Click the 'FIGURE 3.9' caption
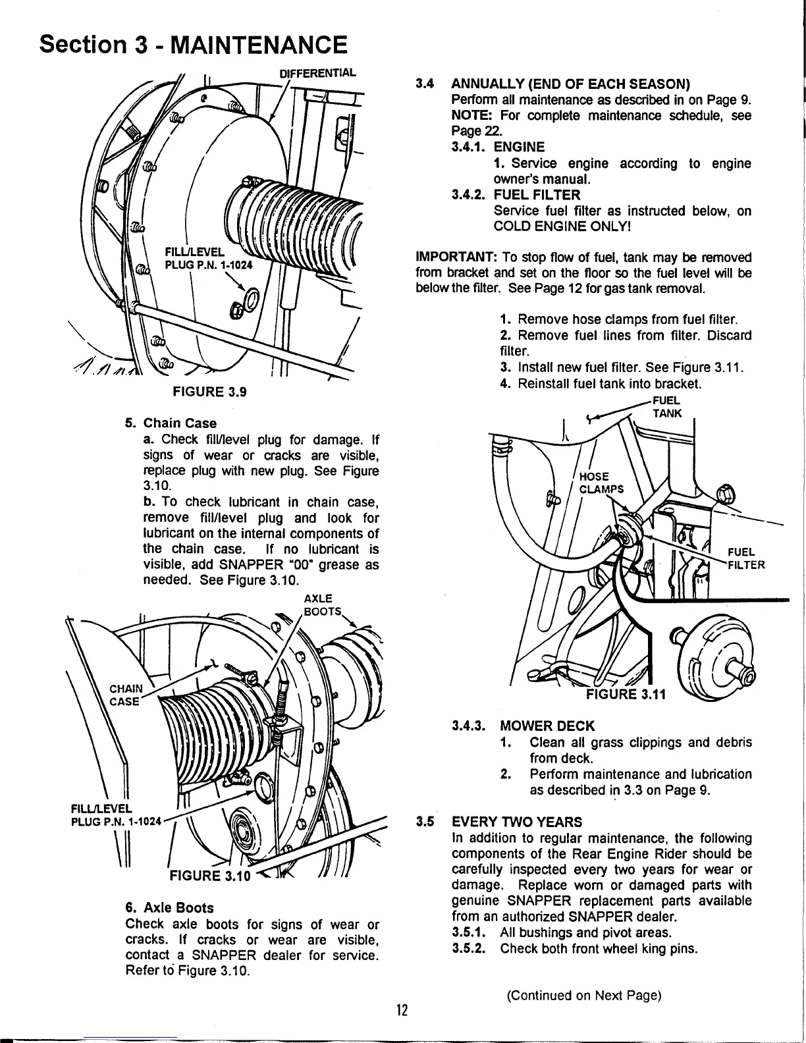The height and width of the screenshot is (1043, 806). (x=209, y=392)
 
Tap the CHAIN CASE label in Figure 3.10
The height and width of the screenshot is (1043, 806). (x=124, y=695)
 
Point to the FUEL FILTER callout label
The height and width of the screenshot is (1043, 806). (x=744, y=558)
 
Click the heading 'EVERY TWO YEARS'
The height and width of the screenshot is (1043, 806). (x=516, y=822)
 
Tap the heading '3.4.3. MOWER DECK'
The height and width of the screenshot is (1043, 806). (x=524, y=726)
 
